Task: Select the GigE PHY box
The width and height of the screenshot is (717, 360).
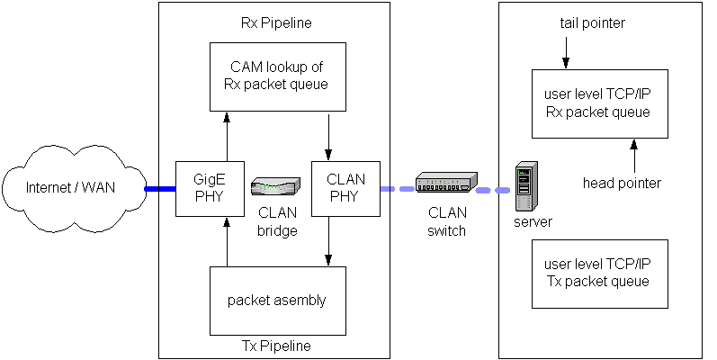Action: pyautogui.click(x=210, y=189)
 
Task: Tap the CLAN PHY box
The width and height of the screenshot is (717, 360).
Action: pyautogui.click(x=345, y=189)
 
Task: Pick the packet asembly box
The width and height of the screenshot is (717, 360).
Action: pyautogui.click(x=276, y=300)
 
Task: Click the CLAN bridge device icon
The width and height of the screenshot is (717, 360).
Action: pyautogui.click(x=274, y=187)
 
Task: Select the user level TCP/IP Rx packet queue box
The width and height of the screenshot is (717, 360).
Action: pyautogui.click(x=598, y=103)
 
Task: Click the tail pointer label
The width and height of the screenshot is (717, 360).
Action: pyautogui.click(x=591, y=22)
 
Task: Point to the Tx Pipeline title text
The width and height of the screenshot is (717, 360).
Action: pyautogui.click(x=276, y=346)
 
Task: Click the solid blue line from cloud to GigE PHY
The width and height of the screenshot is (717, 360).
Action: pyautogui.click(x=159, y=189)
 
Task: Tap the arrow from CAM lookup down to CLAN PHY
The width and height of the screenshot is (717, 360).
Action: pyautogui.click(x=328, y=137)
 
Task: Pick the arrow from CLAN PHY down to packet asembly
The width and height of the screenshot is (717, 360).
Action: pyautogui.click(x=328, y=241)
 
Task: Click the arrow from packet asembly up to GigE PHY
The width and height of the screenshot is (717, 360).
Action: pyautogui.click(x=227, y=241)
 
